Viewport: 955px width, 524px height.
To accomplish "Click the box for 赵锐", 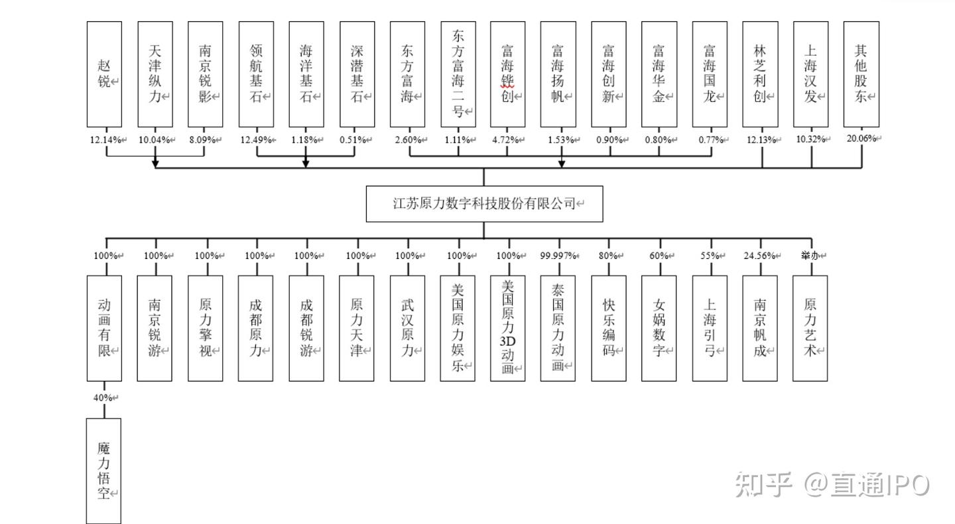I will pos(104,74).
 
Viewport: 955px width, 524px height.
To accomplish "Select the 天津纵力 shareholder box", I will pos(155,74).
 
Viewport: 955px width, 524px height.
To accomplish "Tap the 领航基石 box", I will pos(256,74).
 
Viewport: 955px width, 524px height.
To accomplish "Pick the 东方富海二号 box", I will pos(458,74).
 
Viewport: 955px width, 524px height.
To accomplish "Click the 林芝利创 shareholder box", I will pos(760,74).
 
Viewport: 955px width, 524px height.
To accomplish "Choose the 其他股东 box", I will pos(861,74).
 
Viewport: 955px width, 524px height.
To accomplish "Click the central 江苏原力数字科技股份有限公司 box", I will pos(484,204).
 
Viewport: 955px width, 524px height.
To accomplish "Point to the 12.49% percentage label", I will pos(253,140).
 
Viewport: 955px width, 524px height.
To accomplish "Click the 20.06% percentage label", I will pos(860,138).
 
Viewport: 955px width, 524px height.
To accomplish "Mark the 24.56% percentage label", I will pos(757,256).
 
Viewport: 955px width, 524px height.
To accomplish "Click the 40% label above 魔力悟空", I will pos(103,397).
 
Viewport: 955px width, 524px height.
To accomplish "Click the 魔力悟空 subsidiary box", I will pos(104,470).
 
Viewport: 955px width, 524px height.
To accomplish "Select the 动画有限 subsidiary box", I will pos(104,328).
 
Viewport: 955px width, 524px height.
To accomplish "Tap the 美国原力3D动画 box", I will pos(508,328).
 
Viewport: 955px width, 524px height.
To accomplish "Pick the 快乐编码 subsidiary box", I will pos(609,328).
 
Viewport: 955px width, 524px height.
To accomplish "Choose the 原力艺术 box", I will pos(810,328).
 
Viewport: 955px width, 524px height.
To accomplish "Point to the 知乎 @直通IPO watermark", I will pos(832,486).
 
